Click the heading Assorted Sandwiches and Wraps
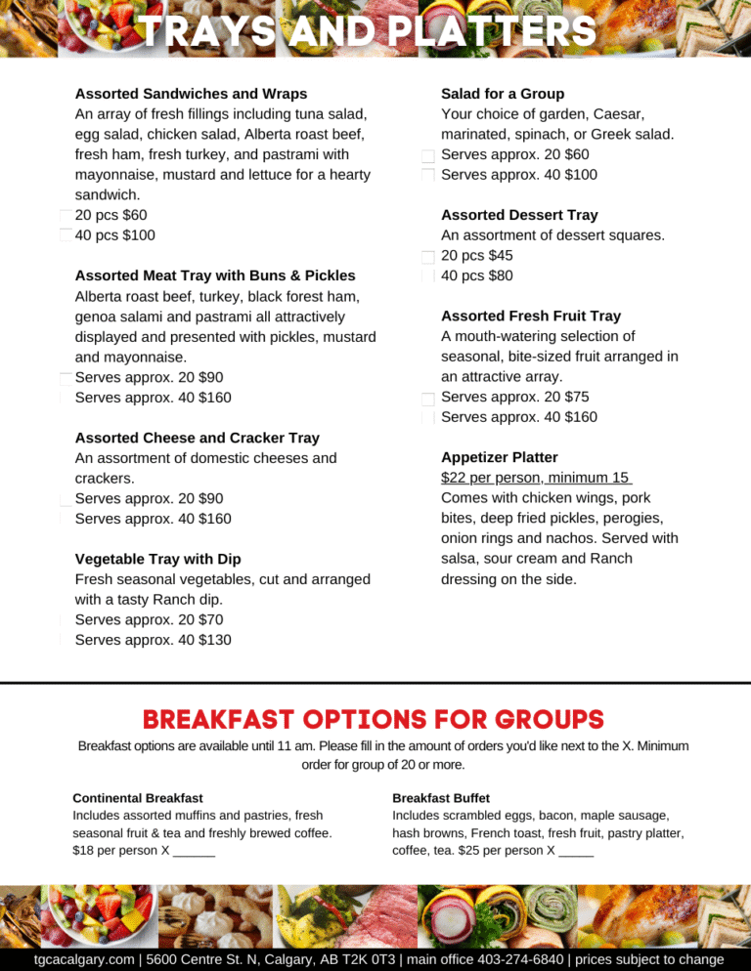click(191, 94)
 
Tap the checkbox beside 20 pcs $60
click(66, 216)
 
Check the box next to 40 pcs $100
click(66, 235)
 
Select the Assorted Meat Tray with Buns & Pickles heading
click(215, 275)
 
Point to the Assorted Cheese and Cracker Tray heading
click(197, 438)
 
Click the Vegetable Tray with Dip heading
click(157, 559)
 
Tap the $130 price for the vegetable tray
click(215, 640)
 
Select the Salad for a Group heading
click(503, 94)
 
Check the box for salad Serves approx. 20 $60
click(428, 156)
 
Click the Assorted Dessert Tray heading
click(519, 215)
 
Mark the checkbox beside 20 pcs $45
click(428, 257)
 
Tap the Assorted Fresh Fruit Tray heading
click(531, 317)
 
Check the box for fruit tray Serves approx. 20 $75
click(428, 399)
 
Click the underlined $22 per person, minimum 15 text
click(536, 478)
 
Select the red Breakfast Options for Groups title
click(374, 720)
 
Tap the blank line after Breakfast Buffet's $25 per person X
click(576, 851)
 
